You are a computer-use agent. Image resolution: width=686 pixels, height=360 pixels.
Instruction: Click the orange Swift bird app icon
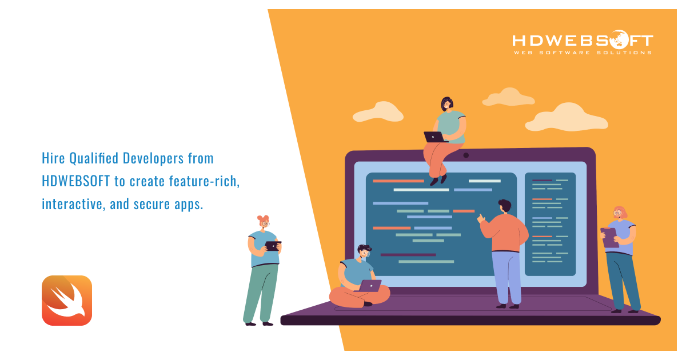pos(67,301)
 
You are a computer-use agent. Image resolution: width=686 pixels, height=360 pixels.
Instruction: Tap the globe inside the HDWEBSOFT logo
pos(619,39)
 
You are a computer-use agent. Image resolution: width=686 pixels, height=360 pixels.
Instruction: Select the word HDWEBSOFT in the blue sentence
pos(75,181)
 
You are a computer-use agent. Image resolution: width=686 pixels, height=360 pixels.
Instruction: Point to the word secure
pos(151,204)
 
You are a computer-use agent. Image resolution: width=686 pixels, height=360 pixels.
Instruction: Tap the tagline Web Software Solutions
pos(583,53)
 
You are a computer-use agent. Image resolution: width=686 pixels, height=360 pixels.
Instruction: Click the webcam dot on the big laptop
pos(466,155)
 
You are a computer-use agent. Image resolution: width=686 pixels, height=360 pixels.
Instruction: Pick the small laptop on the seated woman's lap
pos(435,137)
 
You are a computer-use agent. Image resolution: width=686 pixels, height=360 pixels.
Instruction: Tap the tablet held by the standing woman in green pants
pos(273,246)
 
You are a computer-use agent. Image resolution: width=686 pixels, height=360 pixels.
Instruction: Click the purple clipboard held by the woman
pos(609,238)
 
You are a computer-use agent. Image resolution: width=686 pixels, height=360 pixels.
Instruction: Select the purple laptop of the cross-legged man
pos(369,286)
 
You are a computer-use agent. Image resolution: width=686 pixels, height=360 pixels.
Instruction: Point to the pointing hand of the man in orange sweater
pos(481,218)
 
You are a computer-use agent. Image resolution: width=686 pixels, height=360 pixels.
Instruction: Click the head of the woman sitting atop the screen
pos(447,104)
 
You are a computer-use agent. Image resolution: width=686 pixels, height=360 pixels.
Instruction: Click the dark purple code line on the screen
pos(408,255)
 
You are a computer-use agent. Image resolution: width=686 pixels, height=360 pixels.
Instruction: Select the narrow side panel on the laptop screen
pos(550,224)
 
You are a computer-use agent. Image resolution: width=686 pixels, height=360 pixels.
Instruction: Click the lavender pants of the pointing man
pos(507,277)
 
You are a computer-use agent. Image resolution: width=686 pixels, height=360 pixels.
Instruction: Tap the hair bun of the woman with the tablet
pos(263,218)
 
